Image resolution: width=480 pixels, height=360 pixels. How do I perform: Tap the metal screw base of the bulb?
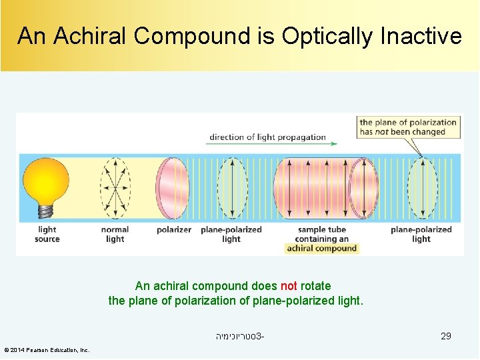(x=46, y=211)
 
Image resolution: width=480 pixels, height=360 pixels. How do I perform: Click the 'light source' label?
(x=47, y=234)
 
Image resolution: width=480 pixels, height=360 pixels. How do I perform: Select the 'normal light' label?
(x=115, y=234)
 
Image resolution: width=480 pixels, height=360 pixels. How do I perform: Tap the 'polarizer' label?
(x=173, y=229)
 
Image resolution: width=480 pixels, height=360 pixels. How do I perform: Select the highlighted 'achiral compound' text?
(x=322, y=249)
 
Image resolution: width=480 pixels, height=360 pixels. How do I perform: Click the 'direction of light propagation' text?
(x=267, y=137)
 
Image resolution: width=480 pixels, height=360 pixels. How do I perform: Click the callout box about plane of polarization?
(x=408, y=127)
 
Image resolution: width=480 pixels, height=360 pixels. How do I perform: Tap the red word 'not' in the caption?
(x=289, y=286)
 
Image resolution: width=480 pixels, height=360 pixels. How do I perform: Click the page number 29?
(x=446, y=336)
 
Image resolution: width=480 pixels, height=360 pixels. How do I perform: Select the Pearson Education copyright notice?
(x=47, y=350)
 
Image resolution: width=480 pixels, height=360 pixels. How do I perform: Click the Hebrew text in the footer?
(x=239, y=336)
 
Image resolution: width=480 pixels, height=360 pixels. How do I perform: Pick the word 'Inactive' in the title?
(x=421, y=36)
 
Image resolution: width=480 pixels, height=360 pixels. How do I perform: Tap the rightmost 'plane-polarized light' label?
(x=421, y=234)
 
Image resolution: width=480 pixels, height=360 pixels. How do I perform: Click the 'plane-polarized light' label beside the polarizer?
(x=231, y=234)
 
